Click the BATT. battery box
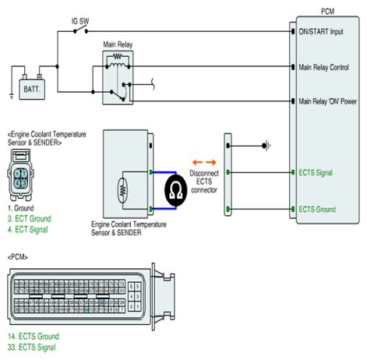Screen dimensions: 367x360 tap(32, 90)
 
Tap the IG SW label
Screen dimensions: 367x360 tap(80, 21)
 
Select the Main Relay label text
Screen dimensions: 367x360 tap(118, 44)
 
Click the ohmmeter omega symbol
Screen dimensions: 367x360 tap(176, 190)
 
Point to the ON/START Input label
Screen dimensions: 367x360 tap(321, 32)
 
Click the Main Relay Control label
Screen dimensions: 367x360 tap(323, 67)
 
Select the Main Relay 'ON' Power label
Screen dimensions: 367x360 tap(328, 101)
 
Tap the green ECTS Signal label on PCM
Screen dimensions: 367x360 tap(316, 172)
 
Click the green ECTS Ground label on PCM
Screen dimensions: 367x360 tap(317, 209)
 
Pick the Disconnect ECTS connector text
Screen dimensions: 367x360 tap(204, 182)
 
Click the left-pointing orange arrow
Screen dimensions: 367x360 tap(197, 163)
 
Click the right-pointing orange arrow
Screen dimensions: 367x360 tap(211, 163)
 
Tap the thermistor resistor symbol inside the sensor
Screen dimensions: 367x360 tap(122, 191)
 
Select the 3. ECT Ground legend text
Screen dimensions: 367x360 tap(30, 219)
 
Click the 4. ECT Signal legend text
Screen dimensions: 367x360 tap(28, 230)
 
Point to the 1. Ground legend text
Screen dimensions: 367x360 tap(21, 208)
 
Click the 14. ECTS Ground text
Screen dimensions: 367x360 tap(34, 337)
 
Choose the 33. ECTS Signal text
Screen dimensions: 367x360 tap(32, 348)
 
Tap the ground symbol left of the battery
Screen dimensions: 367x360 tap(12, 97)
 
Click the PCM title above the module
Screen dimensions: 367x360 tap(327, 12)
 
